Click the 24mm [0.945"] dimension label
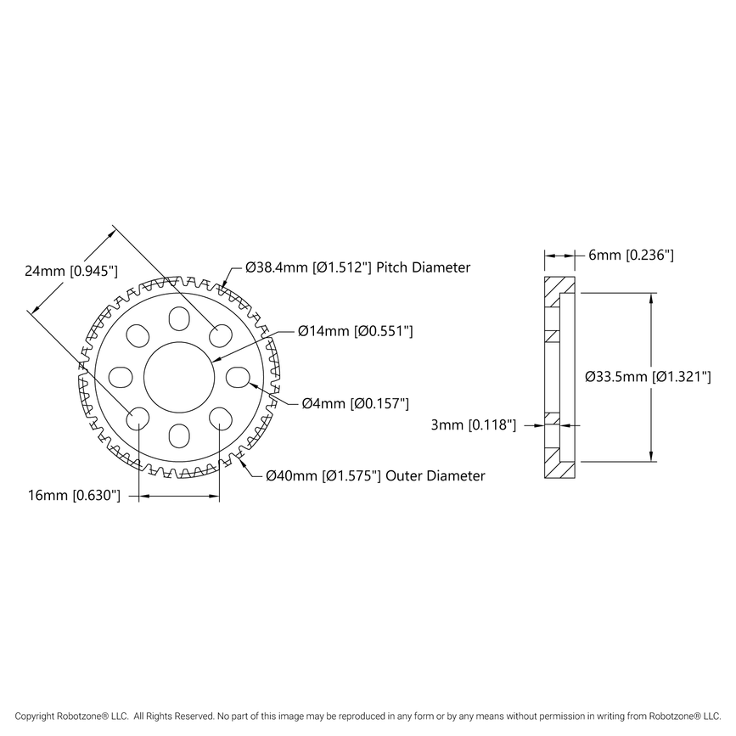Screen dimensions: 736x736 tap(71, 271)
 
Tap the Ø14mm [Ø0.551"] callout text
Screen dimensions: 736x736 tap(356, 332)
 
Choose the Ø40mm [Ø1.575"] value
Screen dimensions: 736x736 tap(323, 476)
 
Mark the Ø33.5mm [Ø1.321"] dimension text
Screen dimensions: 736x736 tap(648, 376)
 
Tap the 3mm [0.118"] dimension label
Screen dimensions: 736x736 tap(475, 425)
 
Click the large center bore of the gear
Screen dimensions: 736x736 tap(178, 376)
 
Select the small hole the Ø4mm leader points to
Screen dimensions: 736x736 tap(237, 376)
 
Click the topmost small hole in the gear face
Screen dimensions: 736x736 tap(178, 318)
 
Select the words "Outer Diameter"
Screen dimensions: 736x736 tap(435, 476)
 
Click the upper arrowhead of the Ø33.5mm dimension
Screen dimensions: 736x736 tap(651, 298)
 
